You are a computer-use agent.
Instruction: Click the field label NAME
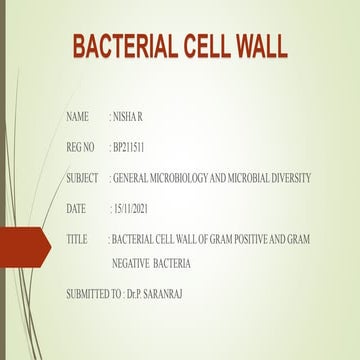(x=77, y=118)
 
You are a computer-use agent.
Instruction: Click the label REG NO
(x=80, y=148)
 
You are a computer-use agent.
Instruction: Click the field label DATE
(x=76, y=208)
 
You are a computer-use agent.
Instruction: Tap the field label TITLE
(x=77, y=240)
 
